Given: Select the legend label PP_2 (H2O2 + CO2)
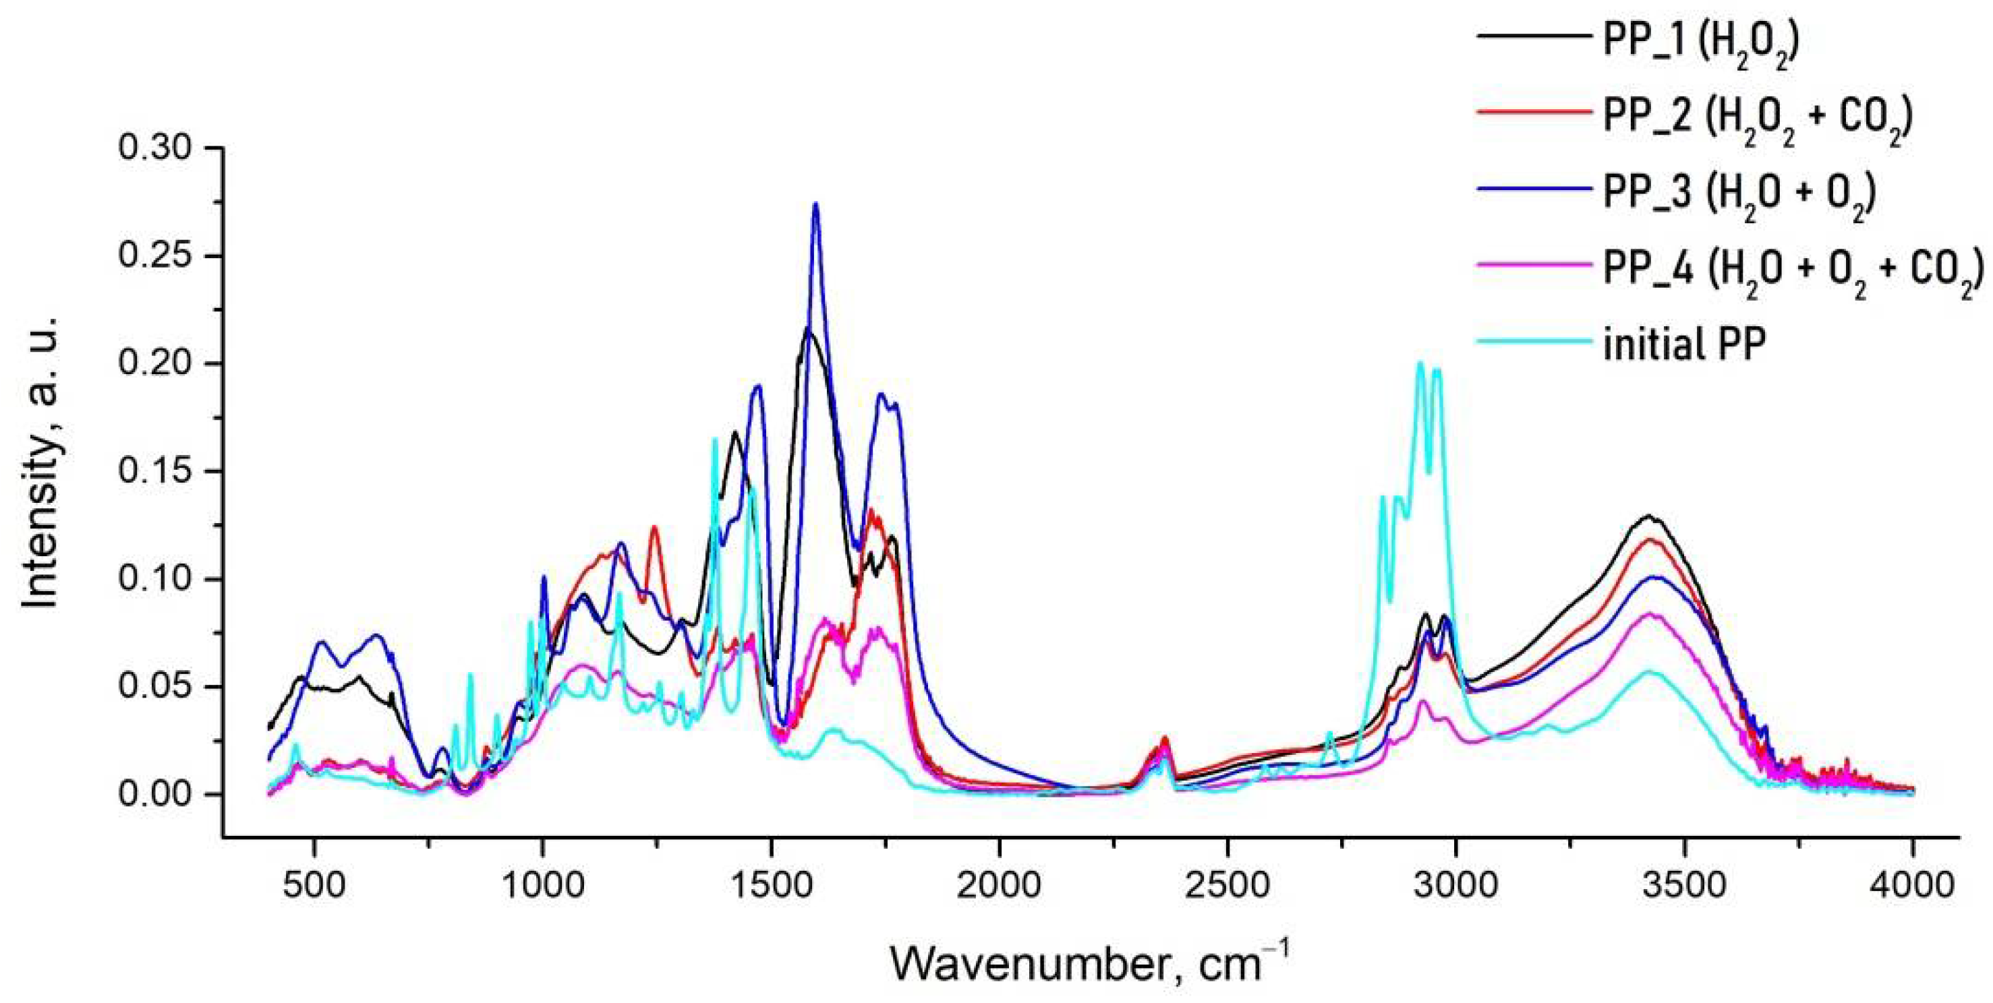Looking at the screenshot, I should click(1756, 116).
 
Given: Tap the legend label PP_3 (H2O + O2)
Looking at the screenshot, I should click(1739, 193).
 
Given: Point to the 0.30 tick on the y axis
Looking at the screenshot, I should click(154, 147).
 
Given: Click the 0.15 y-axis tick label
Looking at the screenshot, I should click(154, 471).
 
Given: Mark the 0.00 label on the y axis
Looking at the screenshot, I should click(154, 794).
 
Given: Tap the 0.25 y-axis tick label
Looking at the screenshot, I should click(154, 255).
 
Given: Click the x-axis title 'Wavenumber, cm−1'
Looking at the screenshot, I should click(1089, 963).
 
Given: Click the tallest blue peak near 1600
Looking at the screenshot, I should click(815, 204).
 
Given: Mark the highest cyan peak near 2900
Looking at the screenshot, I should click(1420, 363).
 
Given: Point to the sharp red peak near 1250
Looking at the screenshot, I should click(654, 527).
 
